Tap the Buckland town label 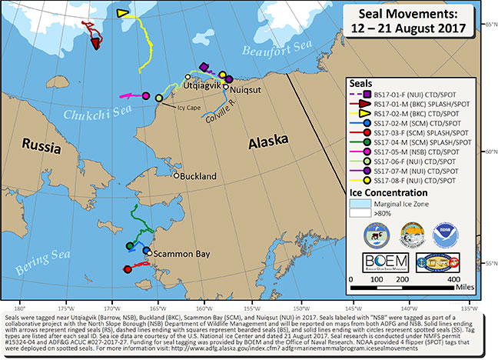[199, 176]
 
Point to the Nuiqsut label [248, 88]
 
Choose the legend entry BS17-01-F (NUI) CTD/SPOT [416, 94]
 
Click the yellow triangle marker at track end [122, 13]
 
